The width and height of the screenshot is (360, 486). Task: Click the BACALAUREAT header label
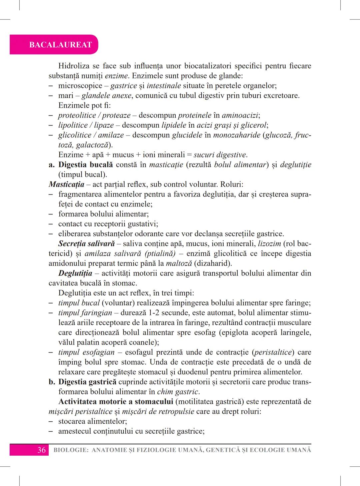click(x=60, y=45)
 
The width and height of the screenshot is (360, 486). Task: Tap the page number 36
click(x=41, y=450)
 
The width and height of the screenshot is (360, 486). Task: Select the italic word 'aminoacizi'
click(x=240, y=115)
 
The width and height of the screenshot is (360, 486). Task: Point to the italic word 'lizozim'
click(x=269, y=243)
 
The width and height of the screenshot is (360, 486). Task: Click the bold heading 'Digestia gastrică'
click(x=87, y=382)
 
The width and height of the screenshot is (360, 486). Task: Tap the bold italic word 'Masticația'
click(x=66, y=184)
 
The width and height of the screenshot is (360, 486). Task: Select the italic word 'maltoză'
click(x=179, y=263)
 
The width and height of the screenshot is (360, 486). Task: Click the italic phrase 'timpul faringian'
click(x=85, y=313)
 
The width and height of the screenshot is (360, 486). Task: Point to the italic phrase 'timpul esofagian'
click(x=86, y=352)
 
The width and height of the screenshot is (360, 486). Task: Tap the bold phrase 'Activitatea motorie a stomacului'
click(x=116, y=401)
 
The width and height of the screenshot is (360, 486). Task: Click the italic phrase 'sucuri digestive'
click(x=220, y=155)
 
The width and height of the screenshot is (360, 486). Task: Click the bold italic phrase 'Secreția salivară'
click(x=86, y=243)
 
